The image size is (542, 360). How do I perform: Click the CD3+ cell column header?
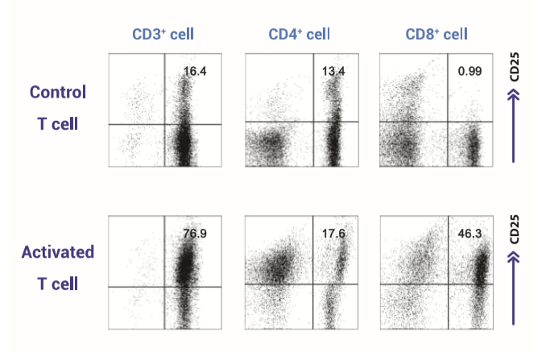click(x=163, y=34)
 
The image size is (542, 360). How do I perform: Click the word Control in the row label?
click(x=58, y=91)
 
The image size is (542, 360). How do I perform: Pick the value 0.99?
click(x=469, y=72)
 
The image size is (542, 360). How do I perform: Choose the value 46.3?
click(x=467, y=234)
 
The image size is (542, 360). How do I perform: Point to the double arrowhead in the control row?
click(x=514, y=98)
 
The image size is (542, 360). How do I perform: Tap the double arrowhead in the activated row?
click(x=514, y=259)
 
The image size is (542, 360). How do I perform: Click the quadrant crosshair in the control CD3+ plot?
click(x=165, y=124)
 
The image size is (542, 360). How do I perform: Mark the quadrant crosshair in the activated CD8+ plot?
click(x=448, y=284)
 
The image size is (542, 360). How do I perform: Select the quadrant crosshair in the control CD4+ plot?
click(x=324, y=122)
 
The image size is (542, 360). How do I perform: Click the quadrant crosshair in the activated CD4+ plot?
click(x=323, y=283)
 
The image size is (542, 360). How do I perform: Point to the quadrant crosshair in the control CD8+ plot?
click(x=448, y=122)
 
